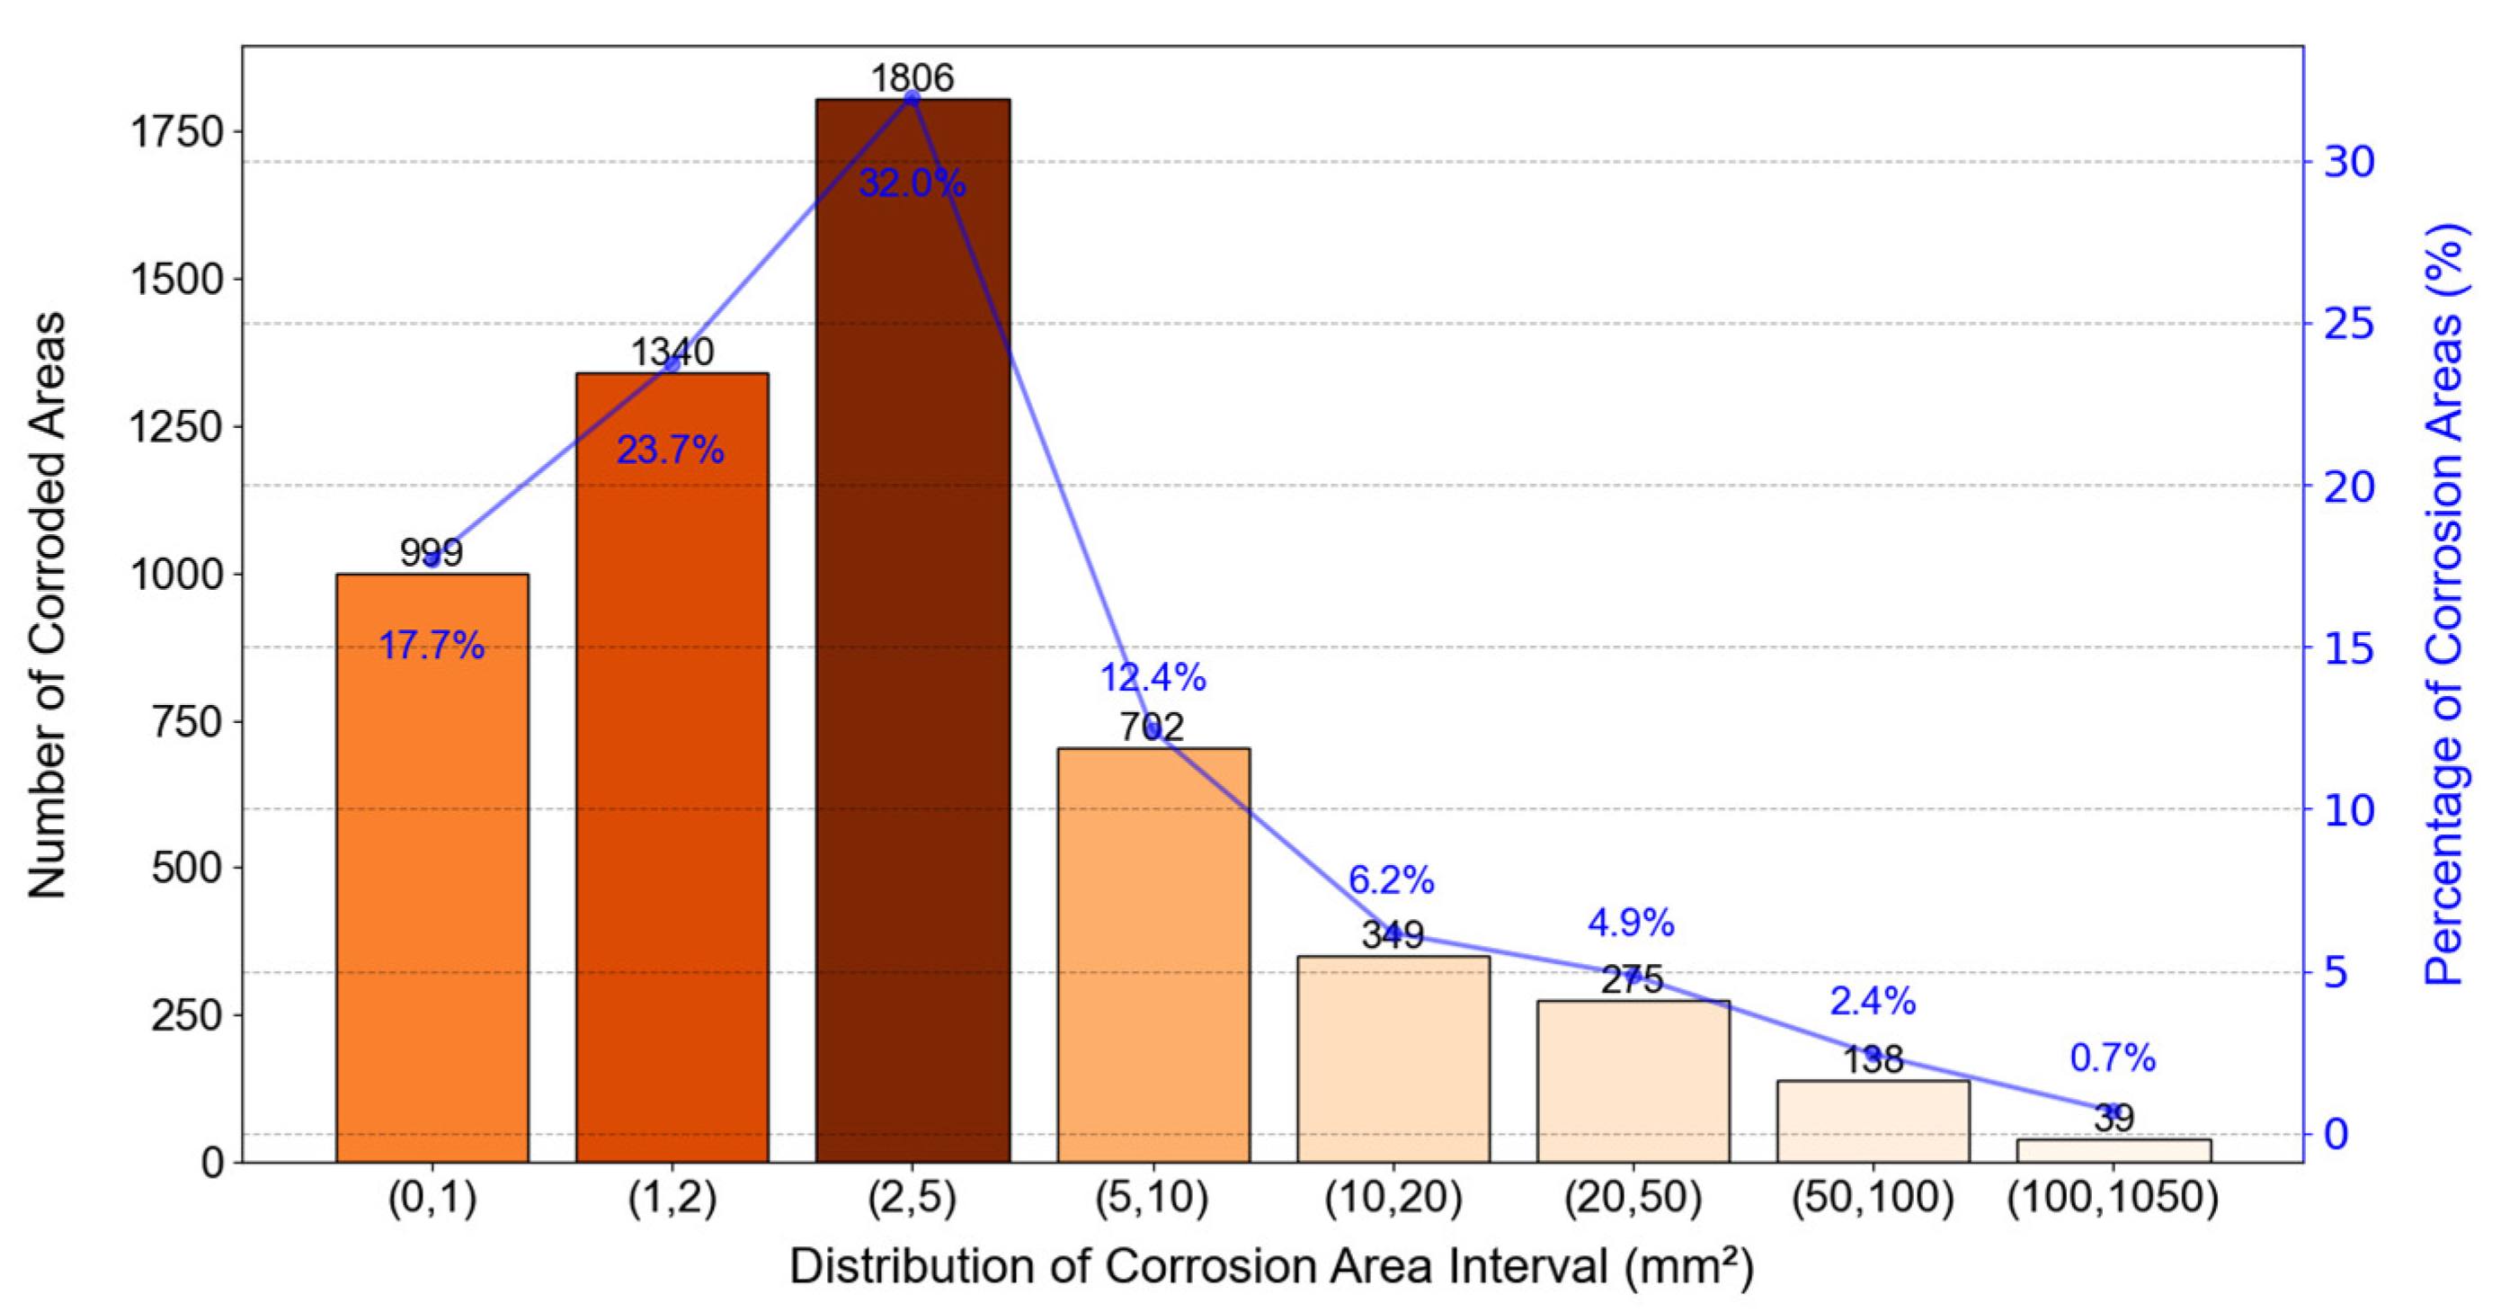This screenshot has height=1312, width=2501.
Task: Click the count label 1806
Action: click(912, 77)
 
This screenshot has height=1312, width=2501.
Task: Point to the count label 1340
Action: click(672, 352)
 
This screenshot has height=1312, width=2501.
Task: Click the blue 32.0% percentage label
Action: click(912, 183)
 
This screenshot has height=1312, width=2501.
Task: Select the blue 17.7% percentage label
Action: click(432, 645)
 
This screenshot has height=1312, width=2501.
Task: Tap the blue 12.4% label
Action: click(1153, 677)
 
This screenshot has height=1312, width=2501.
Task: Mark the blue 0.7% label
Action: click(2113, 1058)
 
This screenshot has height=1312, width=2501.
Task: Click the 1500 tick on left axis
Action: click(177, 280)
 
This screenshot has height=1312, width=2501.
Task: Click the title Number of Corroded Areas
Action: click(47, 604)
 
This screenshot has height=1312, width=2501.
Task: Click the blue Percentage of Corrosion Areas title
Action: click(2444, 604)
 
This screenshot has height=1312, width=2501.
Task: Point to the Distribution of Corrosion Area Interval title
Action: click(1271, 1266)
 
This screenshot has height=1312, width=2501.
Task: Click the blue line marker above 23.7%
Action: click(672, 364)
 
